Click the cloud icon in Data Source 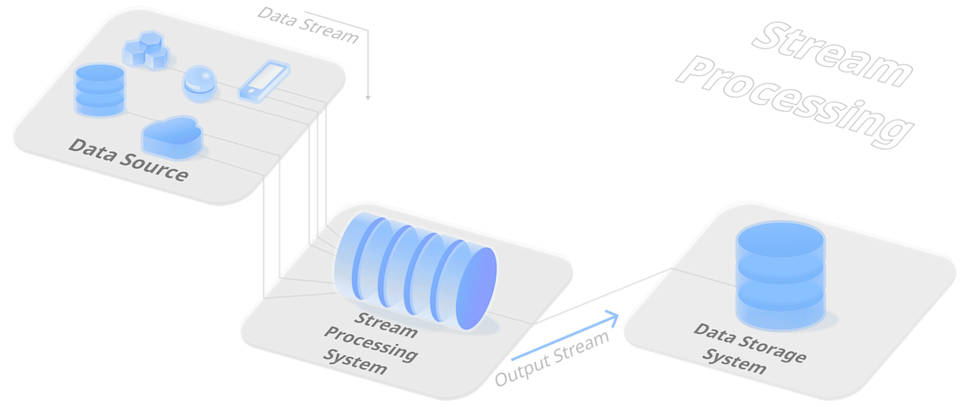click(x=172, y=136)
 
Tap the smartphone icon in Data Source click(x=264, y=82)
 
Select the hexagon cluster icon click(x=146, y=51)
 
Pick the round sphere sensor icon click(x=199, y=83)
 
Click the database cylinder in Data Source click(x=100, y=90)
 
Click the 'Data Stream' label click(x=308, y=26)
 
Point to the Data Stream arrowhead click(x=368, y=98)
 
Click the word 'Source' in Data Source click(x=153, y=166)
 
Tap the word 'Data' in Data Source click(x=93, y=150)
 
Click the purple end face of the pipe click(x=476, y=288)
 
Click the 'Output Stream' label click(x=552, y=359)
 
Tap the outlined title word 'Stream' click(x=833, y=54)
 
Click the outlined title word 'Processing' click(x=795, y=102)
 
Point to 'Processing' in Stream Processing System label click(x=371, y=344)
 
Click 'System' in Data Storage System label click(x=734, y=361)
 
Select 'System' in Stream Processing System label click(x=355, y=362)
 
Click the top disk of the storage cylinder click(x=781, y=239)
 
